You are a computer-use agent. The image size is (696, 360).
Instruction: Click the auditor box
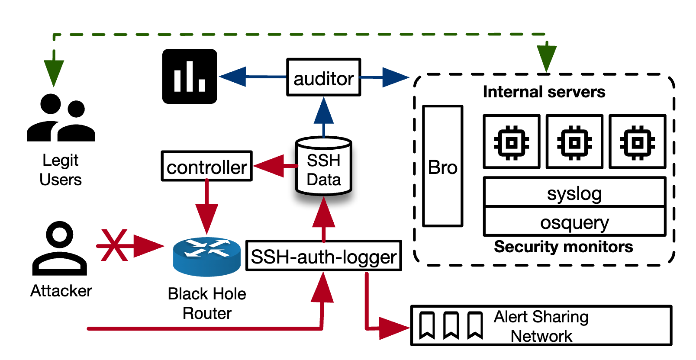(323, 77)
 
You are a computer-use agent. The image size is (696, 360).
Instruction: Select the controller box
(206, 166)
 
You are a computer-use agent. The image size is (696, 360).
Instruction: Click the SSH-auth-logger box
(323, 256)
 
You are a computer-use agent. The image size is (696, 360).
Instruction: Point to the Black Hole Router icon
(206, 256)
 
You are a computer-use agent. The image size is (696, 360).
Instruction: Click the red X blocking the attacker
(114, 245)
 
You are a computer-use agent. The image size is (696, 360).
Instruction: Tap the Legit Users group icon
(61, 118)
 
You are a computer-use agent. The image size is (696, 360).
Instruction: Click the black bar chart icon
(190, 77)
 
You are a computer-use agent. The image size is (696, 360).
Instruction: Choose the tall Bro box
(442, 166)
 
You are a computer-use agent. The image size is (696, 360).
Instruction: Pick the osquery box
(574, 222)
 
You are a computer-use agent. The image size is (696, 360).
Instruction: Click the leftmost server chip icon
(512, 142)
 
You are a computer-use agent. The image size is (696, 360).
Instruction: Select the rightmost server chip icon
(637, 142)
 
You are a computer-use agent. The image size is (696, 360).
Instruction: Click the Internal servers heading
(544, 92)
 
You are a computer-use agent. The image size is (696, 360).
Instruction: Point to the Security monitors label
(563, 247)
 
